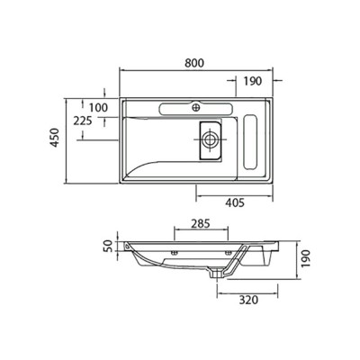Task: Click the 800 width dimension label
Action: (194, 63)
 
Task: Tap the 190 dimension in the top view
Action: (252, 81)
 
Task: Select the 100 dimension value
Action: (98, 107)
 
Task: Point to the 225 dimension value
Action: (83, 121)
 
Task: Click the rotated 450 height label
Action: (55, 138)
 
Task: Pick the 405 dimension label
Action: (235, 203)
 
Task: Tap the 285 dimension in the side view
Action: (201, 223)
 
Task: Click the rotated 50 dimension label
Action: (109, 246)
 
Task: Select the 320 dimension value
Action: (248, 300)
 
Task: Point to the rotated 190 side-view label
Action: (307, 259)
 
